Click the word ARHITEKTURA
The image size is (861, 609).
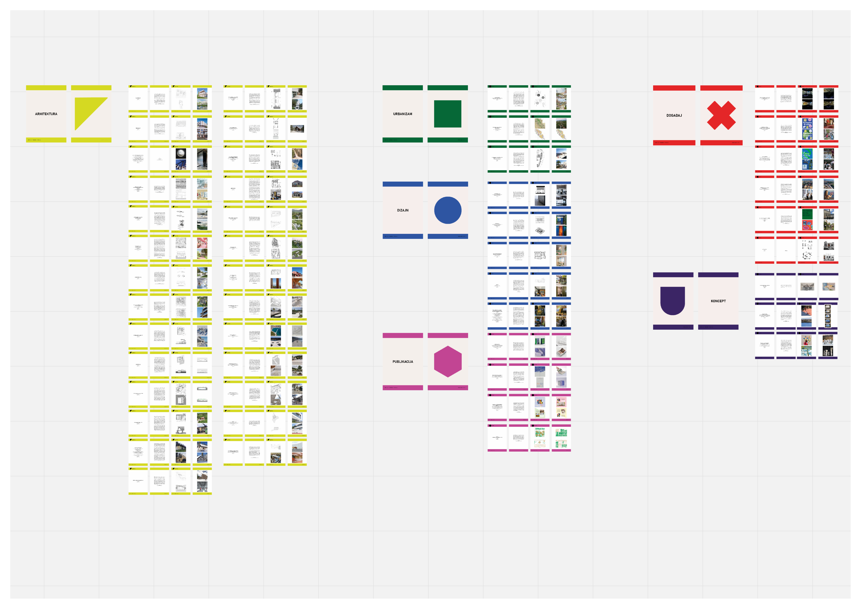point(46,114)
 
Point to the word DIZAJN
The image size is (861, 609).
point(403,210)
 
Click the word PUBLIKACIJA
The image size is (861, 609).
point(403,362)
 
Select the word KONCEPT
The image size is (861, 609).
point(718,301)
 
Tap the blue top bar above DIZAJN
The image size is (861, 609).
point(403,184)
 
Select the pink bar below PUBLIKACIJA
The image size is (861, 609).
point(403,388)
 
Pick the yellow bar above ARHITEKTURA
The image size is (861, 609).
point(46,88)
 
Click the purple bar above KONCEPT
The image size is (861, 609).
point(718,275)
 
